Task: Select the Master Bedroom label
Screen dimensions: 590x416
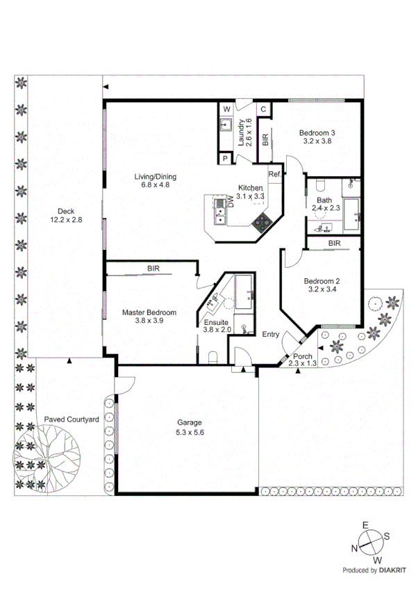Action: click(149, 312)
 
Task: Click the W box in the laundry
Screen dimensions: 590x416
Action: click(226, 109)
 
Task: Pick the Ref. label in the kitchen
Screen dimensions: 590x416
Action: click(274, 174)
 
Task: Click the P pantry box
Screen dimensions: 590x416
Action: click(226, 159)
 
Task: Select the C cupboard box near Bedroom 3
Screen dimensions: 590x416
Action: click(264, 109)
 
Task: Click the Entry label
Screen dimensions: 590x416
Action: click(271, 335)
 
